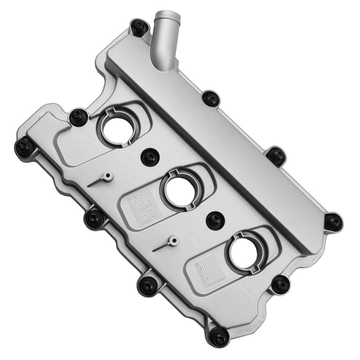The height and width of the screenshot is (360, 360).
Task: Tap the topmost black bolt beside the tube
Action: coord(139,27)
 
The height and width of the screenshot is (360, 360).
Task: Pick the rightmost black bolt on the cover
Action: coord(333,222)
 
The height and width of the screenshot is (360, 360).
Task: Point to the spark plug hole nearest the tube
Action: coord(119,128)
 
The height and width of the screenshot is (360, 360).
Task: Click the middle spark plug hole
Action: coord(180,190)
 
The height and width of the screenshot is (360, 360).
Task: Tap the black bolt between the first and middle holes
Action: coord(150,157)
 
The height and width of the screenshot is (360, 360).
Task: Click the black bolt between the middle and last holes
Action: coord(215,220)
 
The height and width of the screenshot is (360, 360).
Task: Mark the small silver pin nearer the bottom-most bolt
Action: coord(173,241)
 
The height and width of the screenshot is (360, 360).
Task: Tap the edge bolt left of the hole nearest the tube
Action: coord(78,117)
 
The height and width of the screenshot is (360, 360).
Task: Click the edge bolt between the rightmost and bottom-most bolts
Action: coord(280,284)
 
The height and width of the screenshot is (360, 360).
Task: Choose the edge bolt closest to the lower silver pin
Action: coord(148,284)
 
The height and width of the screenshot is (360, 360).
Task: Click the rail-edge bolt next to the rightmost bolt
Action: coord(276,156)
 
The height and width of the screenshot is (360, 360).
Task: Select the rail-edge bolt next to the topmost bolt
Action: coord(211,98)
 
